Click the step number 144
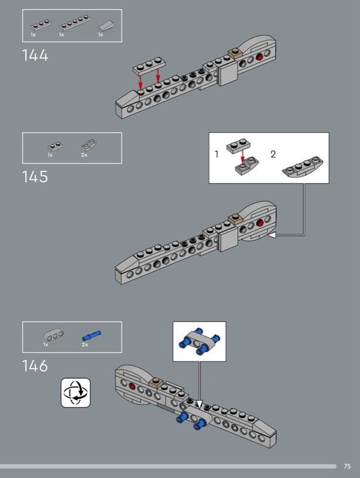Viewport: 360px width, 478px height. coord(35,56)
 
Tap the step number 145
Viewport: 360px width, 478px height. coord(35,177)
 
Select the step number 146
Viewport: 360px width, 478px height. coord(35,366)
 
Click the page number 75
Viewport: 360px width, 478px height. coord(347,466)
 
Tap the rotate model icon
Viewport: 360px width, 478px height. coord(76,393)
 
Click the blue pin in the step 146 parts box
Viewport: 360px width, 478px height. coord(91,336)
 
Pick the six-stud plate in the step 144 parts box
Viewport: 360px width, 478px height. coord(75,22)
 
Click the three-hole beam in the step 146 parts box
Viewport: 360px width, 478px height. coord(53,334)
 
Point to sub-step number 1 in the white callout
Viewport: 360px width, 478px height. coord(216,154)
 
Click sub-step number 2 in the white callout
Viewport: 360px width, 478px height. coord(273,154)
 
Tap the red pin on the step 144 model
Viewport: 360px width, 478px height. coord(260,57)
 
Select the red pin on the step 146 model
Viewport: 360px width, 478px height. coord(132,387)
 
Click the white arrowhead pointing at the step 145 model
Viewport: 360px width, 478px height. coord(272,235)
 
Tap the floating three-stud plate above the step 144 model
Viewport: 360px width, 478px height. coord(149,66)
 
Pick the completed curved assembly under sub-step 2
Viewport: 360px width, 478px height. coord(303,167)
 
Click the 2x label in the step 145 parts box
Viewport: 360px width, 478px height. coord(84,155)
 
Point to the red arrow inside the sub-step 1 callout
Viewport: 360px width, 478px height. coord(243,156)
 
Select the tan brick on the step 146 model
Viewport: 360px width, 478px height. coord(156,383)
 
